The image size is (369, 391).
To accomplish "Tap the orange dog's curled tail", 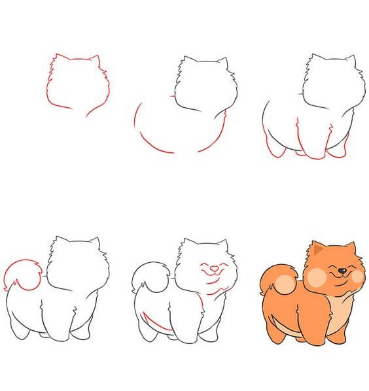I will pos(271,281).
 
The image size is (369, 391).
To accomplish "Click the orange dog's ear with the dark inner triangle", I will pos(319,248).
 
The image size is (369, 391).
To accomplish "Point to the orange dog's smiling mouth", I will pos(341,277).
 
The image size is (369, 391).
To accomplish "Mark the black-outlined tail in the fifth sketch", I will pos(145,278).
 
